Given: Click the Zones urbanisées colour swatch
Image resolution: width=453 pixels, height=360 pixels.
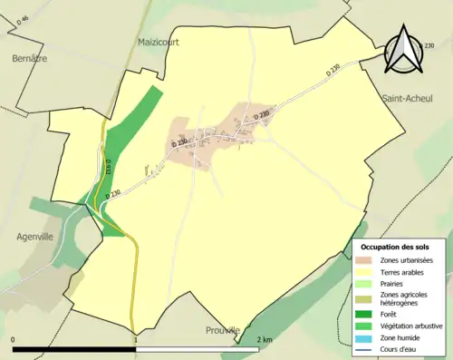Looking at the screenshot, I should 369,260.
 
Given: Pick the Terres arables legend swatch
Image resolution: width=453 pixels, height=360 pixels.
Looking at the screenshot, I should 369,271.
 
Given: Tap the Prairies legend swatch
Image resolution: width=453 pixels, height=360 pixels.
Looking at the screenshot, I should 369,283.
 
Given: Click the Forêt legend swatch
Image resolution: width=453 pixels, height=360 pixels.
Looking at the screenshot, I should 369,314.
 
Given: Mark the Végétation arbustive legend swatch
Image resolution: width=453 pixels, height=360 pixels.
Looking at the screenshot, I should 369,325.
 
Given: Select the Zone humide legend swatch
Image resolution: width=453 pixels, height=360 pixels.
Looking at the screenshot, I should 369,336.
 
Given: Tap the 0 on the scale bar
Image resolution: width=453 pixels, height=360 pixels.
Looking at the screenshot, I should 14,339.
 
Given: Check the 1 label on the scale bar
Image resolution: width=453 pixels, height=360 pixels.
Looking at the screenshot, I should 136,339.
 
